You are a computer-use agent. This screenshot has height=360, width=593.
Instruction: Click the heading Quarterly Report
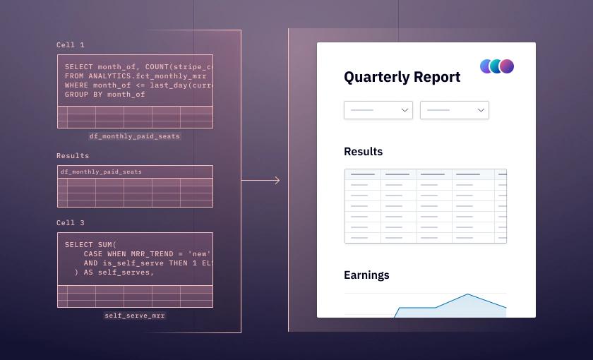[402, 77]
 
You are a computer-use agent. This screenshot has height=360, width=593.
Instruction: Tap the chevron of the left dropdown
[405, 110]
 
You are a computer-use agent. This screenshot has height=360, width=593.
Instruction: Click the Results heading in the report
[363, 152]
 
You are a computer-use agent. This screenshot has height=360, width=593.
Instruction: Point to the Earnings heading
[366, 275]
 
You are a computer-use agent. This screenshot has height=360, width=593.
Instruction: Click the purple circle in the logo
[507, 66]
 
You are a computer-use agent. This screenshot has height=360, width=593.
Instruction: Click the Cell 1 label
[71, 45]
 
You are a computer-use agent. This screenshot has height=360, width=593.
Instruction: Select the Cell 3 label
[71, 223]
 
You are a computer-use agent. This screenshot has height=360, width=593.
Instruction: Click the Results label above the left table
[73, 155]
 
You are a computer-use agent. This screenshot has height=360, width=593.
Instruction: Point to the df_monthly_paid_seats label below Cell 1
[134, 136]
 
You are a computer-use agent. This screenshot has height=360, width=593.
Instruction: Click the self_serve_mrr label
[134, 316]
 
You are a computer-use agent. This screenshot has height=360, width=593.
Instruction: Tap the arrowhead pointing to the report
[277, 181]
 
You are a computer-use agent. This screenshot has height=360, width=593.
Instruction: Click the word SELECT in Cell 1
[78, 66]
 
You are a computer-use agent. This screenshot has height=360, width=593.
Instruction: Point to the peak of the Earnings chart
[467, 294]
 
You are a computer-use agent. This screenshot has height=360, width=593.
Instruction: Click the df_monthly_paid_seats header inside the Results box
[101, 172]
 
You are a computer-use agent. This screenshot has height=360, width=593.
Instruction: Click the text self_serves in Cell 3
[129, 272]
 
